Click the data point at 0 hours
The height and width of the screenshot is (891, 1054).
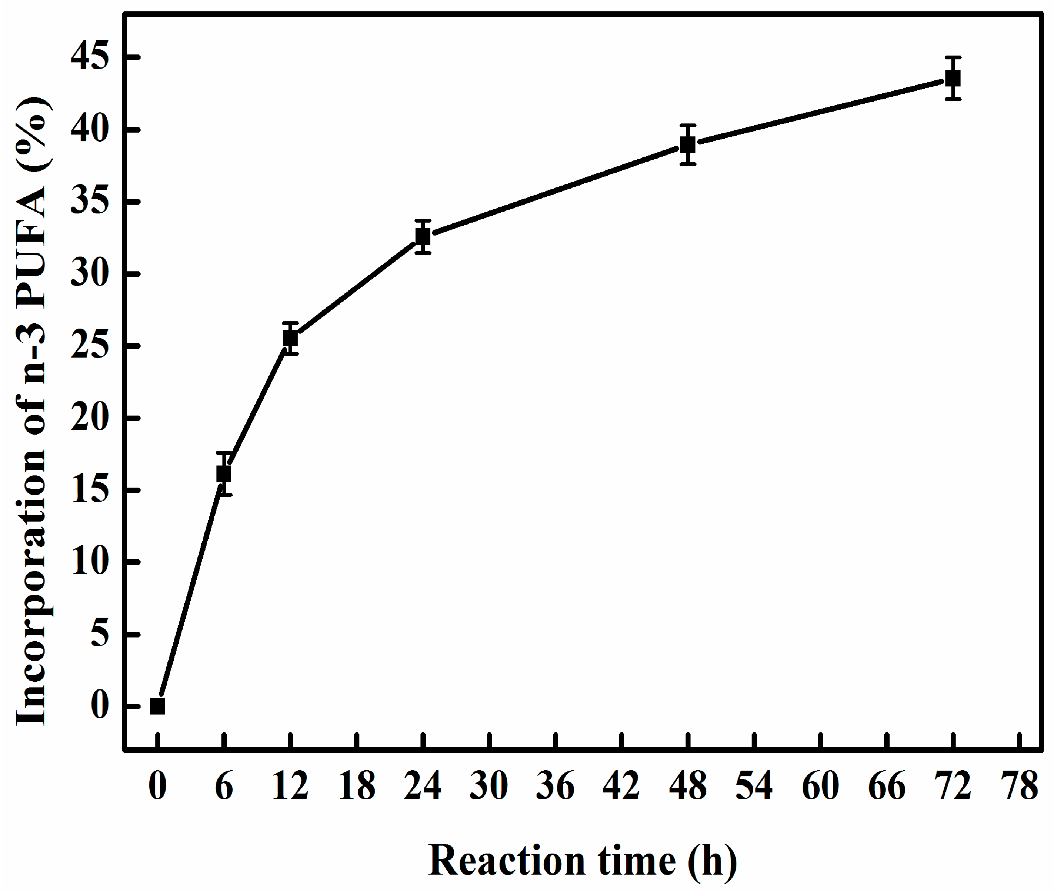coord(157,706)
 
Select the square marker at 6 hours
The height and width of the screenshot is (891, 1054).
coord(224,474)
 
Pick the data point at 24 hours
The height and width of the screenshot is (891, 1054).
coord(423,236)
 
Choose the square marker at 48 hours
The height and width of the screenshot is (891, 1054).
coord(687,145)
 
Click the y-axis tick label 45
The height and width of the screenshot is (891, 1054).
coord(90,57)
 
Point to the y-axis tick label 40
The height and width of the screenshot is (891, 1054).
coord(90,130)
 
